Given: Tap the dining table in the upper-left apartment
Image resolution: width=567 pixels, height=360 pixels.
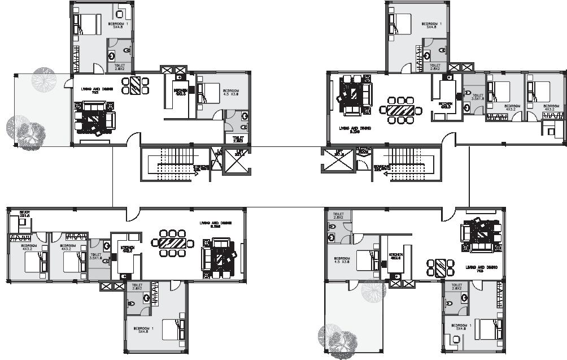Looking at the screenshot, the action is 136,85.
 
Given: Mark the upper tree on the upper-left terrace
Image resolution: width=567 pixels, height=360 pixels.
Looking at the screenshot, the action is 43,79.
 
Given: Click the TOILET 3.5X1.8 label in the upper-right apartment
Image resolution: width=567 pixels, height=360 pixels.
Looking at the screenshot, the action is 478,98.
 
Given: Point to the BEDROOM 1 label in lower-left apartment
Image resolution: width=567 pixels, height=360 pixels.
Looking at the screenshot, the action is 143,329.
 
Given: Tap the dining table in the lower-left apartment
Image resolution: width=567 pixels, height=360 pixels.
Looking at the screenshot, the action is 169,243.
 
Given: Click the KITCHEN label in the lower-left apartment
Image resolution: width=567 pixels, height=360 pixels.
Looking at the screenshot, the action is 128,249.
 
